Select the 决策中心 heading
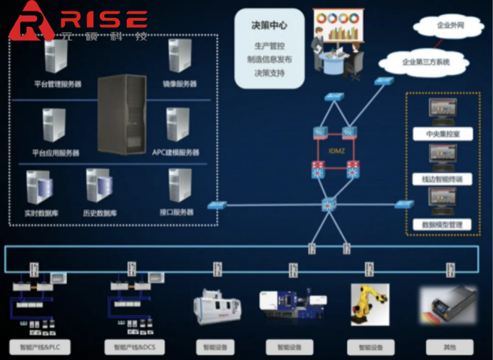pos(269,26)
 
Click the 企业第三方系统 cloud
pos(426,62)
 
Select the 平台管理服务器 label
pos(58,84)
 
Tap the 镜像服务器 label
pos(179,84)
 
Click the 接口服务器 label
pos(177,212)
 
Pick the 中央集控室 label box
pos(437,134)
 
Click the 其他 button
pos(449,347)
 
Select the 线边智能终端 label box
pos(437,179)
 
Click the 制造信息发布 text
pos(269,60)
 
